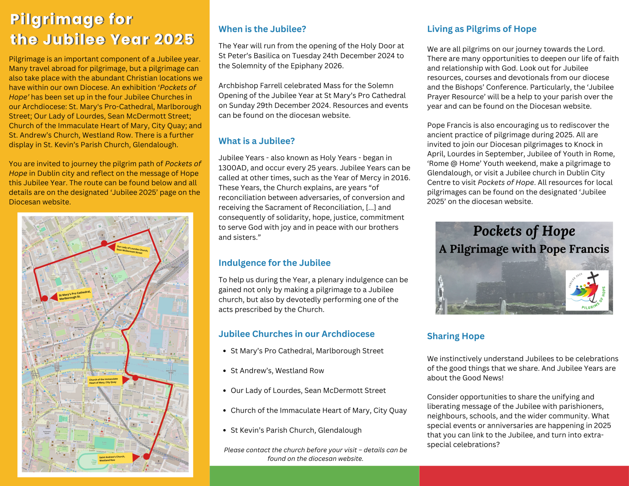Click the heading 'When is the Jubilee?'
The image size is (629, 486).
pyautogui.click(x=262, y=29)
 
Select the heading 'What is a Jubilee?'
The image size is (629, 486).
pyautogui.click(x=256, y=141)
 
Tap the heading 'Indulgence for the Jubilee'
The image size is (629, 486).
pyautogui.click(x=274, y=263)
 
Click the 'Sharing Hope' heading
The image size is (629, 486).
pyautogui.click(x=455, y=336)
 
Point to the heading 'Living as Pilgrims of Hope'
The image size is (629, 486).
pyautogui.click(x=482, y=29)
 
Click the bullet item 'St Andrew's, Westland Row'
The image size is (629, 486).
pyautogui.click(x=277, y=371)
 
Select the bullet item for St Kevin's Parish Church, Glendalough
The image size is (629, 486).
pyautogui.click(x=296, y=430)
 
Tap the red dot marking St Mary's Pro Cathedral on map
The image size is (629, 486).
pyautogui.click(x=45, y=298)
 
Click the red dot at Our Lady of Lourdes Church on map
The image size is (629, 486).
pyautogui.click(x=104, y=243)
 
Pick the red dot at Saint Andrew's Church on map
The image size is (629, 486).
pyautogui.click(x=147, y=457)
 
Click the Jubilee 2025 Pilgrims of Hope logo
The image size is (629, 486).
pyautogui.click(x=587, y=290)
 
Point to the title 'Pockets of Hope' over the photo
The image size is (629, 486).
pyautogui.click(x=524, y=231)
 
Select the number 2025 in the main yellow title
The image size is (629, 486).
pyautogui.click(x=174, y=40)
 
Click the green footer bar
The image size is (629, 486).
pyautogui.click(x=314, y=476)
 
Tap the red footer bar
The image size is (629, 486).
pyautogui.click(x=524, y=476)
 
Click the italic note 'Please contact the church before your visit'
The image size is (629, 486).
pyautogui.click(x=315, y=454)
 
